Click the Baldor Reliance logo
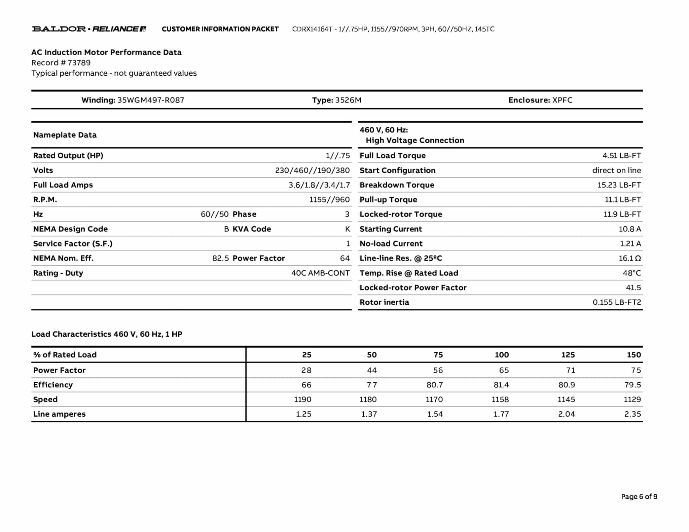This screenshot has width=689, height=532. click(89, 29)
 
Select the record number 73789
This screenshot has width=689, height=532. click(79, 63)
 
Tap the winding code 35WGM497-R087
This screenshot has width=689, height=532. click(151, 100)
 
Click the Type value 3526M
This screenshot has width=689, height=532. click(348, 100)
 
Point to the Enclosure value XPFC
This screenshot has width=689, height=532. click(562, 100)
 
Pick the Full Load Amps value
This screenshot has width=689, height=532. click(319, 185)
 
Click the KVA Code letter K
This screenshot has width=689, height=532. click(347, 229)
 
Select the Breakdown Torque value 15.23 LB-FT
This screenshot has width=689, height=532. click(619, 185)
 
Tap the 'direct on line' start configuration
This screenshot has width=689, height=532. click(616, 170)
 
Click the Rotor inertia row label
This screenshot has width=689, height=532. click(384, 302)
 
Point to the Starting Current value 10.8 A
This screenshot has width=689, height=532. click(630, 229)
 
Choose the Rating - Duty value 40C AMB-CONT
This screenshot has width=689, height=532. click(320, 273)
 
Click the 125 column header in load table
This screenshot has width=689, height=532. click(568, 355)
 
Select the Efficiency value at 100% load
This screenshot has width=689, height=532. click(501, 385)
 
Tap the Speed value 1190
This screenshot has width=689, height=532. click(302, 400)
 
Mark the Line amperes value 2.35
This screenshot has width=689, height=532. click(632, 414)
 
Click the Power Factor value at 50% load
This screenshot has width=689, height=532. click(371, 370)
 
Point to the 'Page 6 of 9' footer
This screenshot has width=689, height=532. click(639, 497)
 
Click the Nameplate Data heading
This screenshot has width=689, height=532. click(65, 135)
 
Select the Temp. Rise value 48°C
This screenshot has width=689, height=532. click(631, 273)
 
